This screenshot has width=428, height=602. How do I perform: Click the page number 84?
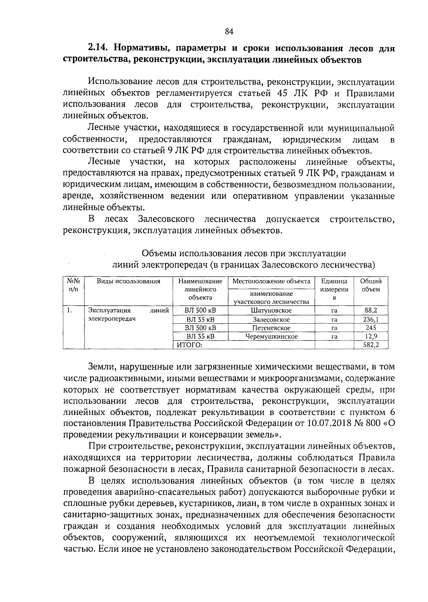[x=229, y=32]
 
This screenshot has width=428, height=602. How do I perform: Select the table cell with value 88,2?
[x=371, y=310]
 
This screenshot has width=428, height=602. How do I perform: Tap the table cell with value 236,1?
[x=371, y=319]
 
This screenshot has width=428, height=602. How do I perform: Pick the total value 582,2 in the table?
[x=371, y=345]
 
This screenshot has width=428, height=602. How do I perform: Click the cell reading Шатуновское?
[x=271, y=310]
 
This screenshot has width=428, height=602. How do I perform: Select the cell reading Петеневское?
[x=271, y=328]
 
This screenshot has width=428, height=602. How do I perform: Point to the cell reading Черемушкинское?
[x=271, y=336]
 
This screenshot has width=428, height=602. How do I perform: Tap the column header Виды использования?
[x=128, y=281]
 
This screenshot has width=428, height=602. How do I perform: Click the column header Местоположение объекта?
[x=271, y=281]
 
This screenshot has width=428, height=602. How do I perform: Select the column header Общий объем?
[x=371, y=285]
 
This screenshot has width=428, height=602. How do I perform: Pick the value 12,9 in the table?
[x=371, y=336]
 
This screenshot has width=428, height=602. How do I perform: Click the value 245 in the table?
[x=371, y=328]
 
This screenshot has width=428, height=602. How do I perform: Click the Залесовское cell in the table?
[x=271, y=319]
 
